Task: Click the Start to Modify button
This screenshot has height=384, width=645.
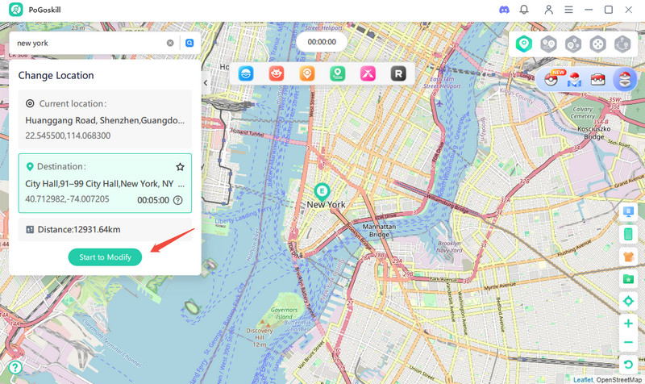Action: tap(105, 257)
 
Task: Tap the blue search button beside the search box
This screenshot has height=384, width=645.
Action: tap(189, 43)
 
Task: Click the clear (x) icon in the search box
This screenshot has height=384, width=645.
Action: tap(170, 43)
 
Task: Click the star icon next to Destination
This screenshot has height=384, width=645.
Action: tap(180, 166)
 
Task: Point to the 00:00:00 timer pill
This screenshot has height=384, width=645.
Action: tap(321, 41)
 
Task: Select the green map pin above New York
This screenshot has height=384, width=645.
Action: tap(322, 191)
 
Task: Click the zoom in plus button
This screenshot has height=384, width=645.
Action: tap(628, 323)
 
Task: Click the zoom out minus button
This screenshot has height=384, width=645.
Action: tap(628, 343)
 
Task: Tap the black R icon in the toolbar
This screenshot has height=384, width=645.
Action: tap(397, 73)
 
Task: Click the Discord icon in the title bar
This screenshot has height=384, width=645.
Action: tap(505, 10)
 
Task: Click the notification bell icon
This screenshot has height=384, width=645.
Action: tap(524, 10)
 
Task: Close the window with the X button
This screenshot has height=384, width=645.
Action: tap(629, 10)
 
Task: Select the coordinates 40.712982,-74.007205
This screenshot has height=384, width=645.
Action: tap(68, 198)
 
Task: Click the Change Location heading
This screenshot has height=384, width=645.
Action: tap(56, 76)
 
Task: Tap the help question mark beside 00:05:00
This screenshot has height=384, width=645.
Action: tap(178, 200)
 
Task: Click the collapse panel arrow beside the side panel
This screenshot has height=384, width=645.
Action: tap(206, 82)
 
